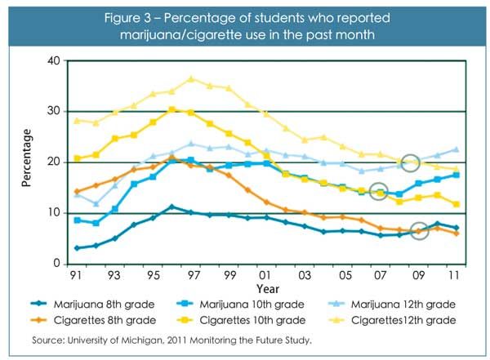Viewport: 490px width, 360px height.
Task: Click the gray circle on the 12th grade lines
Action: pos(411,163)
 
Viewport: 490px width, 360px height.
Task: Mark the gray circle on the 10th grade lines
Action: pos(379,192)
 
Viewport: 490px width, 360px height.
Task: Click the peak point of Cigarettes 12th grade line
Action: pos(190,78)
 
